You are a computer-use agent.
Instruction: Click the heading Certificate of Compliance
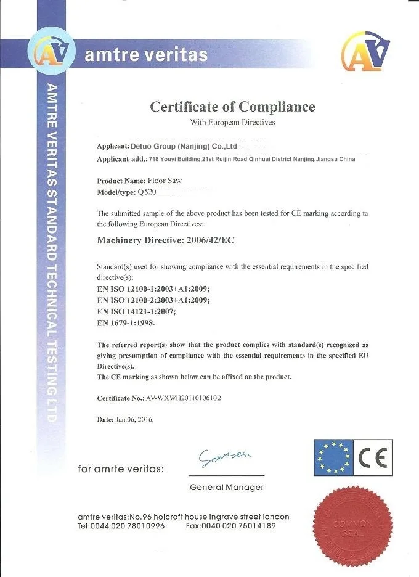click(x=232, y=107)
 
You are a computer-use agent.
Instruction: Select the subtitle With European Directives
click(x=232, y=123)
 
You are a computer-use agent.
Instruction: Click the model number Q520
click(x=148, y=192)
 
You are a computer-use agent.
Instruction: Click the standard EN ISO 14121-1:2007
click(x=136, y=311)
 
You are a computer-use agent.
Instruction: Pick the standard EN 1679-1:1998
click(x=126, y=322)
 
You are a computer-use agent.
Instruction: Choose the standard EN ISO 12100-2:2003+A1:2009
click(x=153, y=300)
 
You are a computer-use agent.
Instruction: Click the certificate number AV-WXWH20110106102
click(x=184, y=398)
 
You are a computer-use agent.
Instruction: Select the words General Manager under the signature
click(x=227, y=488)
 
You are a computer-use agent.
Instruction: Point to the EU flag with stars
click(x=332, y=458)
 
